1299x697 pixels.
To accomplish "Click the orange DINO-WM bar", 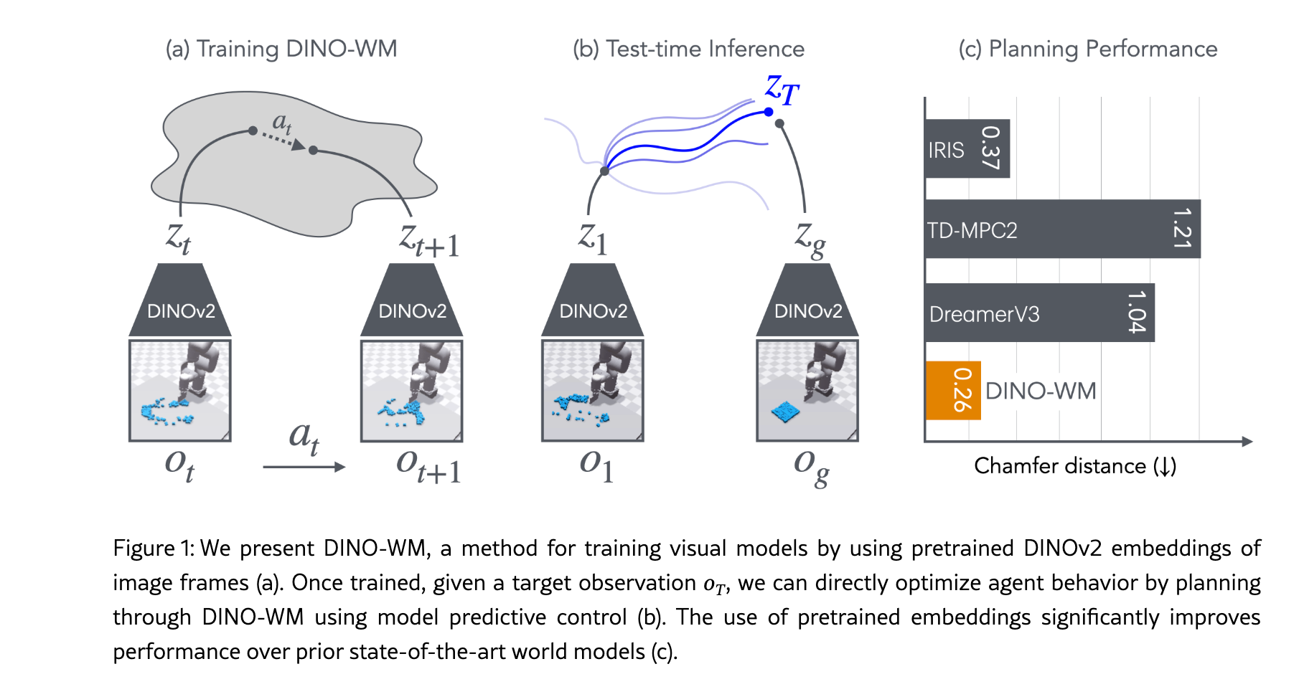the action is pyautogui.click(x=953, y=390).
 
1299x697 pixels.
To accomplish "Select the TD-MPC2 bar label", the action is pyautogui.click(x=972, y=230).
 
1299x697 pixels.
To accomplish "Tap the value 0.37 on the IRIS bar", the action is pyautogui.click(x=990, y=148).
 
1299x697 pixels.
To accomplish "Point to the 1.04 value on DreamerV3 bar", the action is pyautogui.click(x=1136, y=311).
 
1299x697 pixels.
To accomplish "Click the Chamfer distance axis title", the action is pyautogui.click(x=1075, y=466).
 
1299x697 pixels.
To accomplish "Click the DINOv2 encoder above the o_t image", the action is pyautogui.click(x=180, y=300).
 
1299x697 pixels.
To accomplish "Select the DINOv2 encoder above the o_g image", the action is pyautogui.click(x=807, y=300).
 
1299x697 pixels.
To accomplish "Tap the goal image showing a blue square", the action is pyautogui.click(x=807, y=391).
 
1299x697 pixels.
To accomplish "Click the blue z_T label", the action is pyautogui.click(x=782, y=90).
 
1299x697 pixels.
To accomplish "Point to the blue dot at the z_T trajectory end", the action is pyautogui.click(x=769, y=112).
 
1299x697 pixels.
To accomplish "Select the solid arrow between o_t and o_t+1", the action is pyautogui.click(x=304, y=467).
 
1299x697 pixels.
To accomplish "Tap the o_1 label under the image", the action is pyautogui.click(x=596, y=466).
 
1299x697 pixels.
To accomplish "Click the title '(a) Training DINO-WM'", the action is pyautogui.click(x=281, y=49).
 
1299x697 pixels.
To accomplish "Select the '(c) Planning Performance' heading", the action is pyautogui.click(x=1088, y=49).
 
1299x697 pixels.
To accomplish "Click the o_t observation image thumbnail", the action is pyautogui.click(x=180, y=391).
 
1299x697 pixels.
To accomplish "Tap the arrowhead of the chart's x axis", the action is pyautogui.click(x=1247, y=442).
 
